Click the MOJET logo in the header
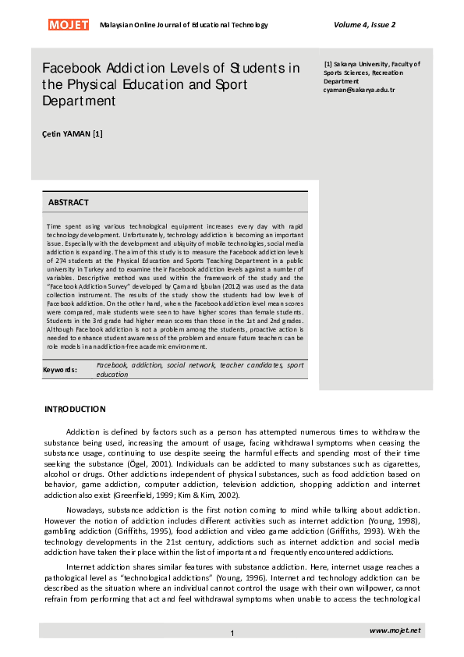pyautogui.click(x=69, y=25)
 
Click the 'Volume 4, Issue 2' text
pyautogui.click(x=364, y=25)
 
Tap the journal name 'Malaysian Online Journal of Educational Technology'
pyautogui.click(x=184, y=25)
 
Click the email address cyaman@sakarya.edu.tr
pyautogui.click(x=359, y=90)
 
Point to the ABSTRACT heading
pyautogui.click(x=69, y=202)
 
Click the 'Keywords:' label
pyautogui.click(x=59, y=369)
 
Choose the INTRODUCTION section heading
pyautogui.click(x=75, y=409)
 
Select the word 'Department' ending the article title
pyautogui.click(x=79, y=101)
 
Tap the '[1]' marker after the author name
pyautogui.click(x=97, y=133)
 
